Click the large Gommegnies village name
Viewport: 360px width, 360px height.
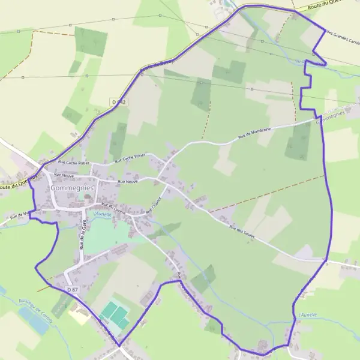click(x=73, y=188)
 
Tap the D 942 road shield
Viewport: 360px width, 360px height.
click(x=119, y=103)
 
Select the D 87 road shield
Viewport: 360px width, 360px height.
click(x=73, y=290)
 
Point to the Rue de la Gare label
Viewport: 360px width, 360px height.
click(x=82, y=234)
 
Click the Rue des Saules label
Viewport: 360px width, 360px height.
click(x=242, y=231)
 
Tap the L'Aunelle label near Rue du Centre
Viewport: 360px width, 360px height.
click(x=103, y=214)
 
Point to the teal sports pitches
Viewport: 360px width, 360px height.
click(x=115, y=314)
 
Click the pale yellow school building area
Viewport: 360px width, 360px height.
click(x=77, y=313)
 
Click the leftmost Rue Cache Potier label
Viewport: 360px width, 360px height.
click(x=73, y=163)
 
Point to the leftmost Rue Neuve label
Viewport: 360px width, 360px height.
click(x=64, y=175)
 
